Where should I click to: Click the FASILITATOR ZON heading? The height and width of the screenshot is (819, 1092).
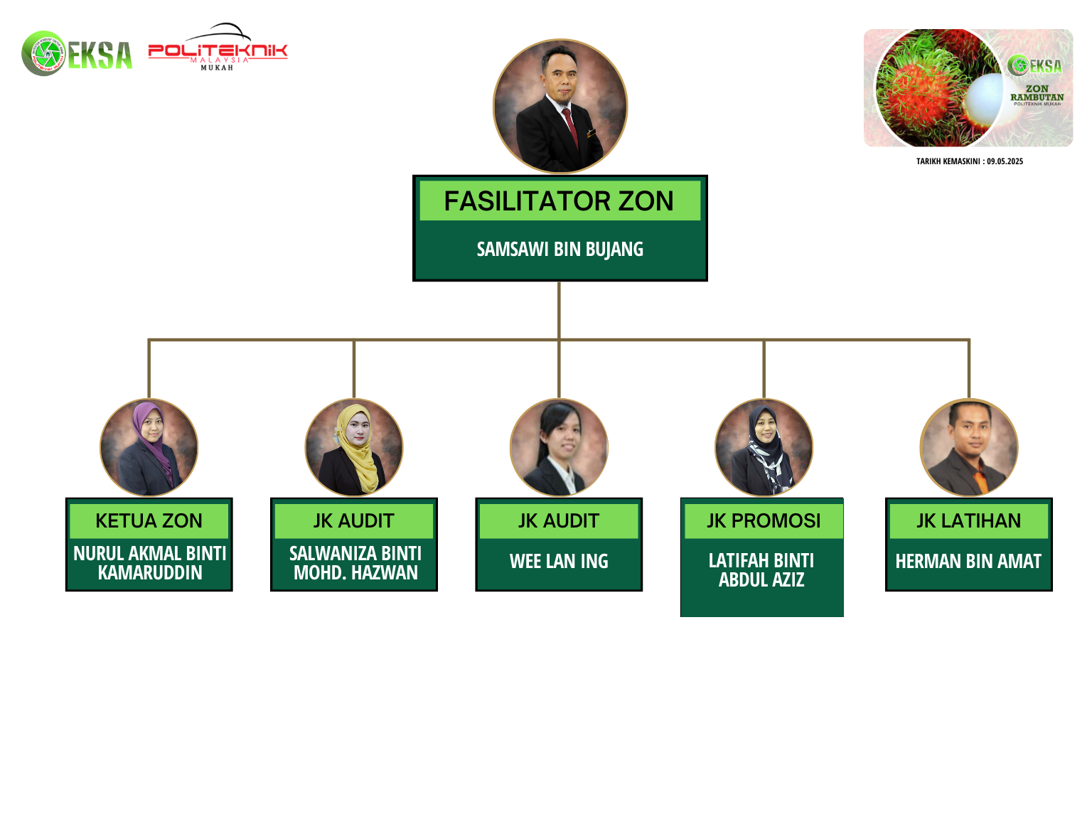pos(558,201)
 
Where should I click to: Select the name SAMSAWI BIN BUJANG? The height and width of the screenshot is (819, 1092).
pos(560,249)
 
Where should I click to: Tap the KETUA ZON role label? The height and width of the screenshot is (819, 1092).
pos(149,520)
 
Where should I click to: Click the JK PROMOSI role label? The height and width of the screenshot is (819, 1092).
pos(764,520)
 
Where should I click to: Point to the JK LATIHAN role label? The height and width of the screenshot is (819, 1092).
pos(968,520)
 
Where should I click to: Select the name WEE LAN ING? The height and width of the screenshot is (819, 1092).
pos(559,562)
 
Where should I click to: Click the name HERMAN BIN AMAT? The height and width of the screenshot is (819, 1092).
pos(968,562)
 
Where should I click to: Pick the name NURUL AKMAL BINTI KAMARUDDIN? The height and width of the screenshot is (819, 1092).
pos(150,563)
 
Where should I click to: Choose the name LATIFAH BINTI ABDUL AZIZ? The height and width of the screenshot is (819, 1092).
pos(761,570)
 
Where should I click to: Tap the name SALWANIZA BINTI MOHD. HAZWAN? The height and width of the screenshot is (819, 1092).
pos(355,563)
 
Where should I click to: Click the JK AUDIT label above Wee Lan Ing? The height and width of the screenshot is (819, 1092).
pos(559,520)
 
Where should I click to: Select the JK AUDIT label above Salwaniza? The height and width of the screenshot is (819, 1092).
pos(354,520)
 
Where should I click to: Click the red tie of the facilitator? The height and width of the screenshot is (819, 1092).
pos(570,127)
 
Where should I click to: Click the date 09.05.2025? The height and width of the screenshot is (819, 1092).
pos(1005,161)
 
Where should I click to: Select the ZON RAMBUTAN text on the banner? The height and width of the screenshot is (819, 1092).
pos(1037,93)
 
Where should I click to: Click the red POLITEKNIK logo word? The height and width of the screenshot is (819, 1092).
pos(218,50)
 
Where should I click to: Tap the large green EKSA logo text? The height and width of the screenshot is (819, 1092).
pos(100,55)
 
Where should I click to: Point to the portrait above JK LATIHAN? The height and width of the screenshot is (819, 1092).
pos(968,448)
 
